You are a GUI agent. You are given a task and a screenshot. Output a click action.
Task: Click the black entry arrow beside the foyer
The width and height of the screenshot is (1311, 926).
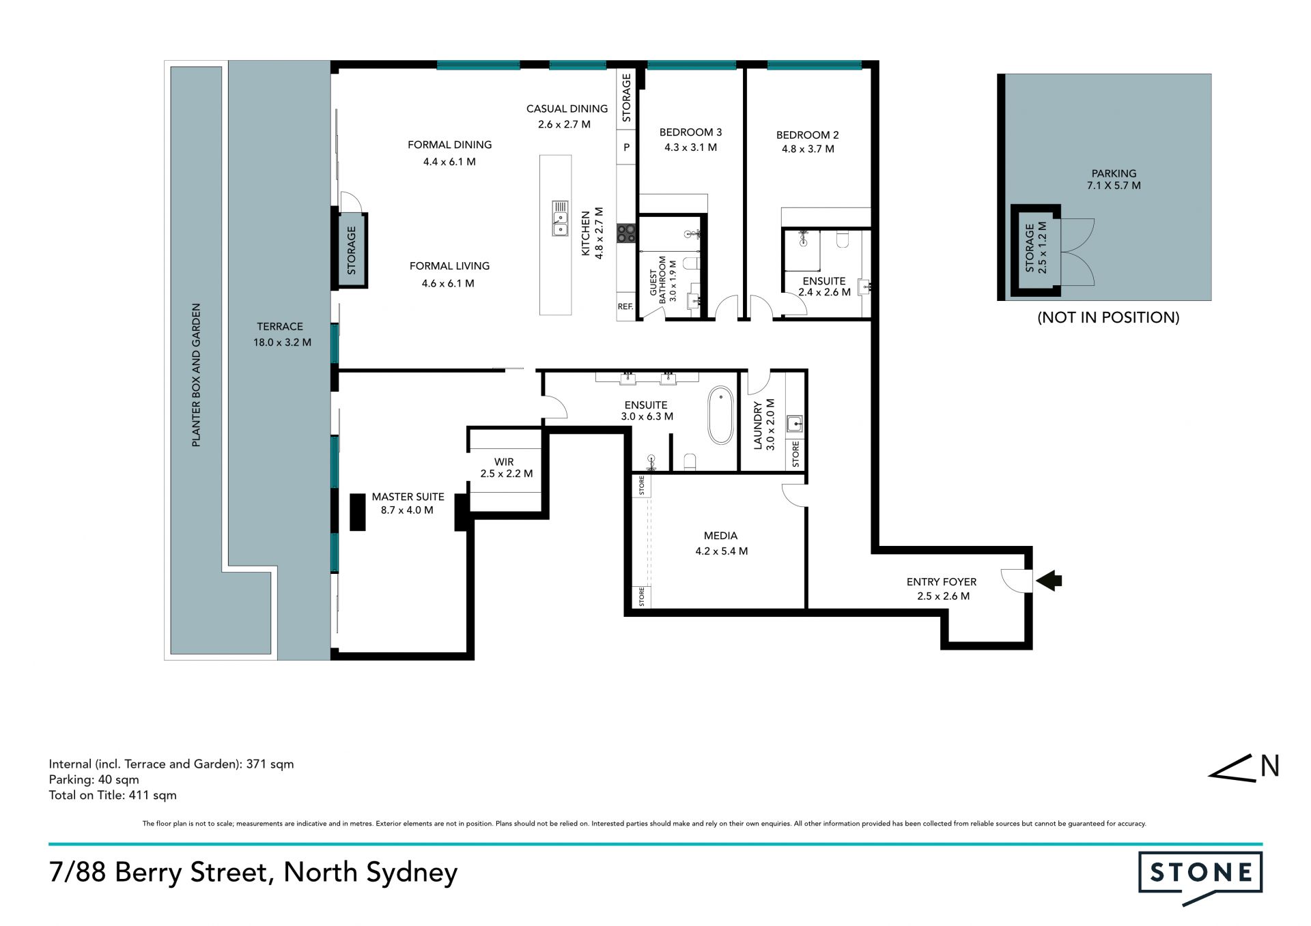click(1049, 581)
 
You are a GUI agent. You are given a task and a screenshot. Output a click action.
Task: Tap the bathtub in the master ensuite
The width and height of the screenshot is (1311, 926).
click(720, 416)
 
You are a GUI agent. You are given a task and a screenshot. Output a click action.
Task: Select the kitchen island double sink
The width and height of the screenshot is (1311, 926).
click(560, 218)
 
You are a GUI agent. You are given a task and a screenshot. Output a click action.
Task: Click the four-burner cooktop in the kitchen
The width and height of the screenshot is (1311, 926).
click(626, 233)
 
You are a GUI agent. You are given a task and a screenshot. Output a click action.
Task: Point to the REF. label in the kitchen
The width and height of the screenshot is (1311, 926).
click(625, 307)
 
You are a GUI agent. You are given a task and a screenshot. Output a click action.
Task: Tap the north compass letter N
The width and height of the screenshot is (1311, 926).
click(1269, 766)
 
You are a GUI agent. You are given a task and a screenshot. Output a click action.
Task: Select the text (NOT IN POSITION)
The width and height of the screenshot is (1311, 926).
click(1108, 317)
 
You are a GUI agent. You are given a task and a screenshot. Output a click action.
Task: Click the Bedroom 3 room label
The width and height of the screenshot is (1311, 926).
click(690, 132)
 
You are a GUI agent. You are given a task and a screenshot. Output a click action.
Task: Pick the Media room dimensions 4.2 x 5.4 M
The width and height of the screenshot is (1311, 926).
click(721, 551)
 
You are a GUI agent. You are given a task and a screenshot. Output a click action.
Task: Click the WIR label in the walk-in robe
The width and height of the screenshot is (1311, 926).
click(504, 462)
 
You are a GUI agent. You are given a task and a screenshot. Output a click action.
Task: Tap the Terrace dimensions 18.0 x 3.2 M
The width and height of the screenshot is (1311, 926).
click(282, 343)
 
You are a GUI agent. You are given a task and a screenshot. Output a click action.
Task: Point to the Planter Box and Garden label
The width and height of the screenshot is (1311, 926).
click(196, 375)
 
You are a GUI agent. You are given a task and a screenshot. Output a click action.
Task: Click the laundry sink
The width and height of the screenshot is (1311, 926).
click(794, 424)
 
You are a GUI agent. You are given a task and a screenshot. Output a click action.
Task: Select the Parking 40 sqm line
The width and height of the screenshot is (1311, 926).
click(94, 780)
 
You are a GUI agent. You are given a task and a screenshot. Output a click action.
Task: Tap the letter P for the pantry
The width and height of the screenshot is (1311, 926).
click(626, 147)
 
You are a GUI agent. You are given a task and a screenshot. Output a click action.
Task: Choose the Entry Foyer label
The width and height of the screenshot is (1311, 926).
click(942, 582)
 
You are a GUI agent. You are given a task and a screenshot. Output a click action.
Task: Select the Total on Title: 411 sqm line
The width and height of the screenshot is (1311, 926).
click(113, 795)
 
